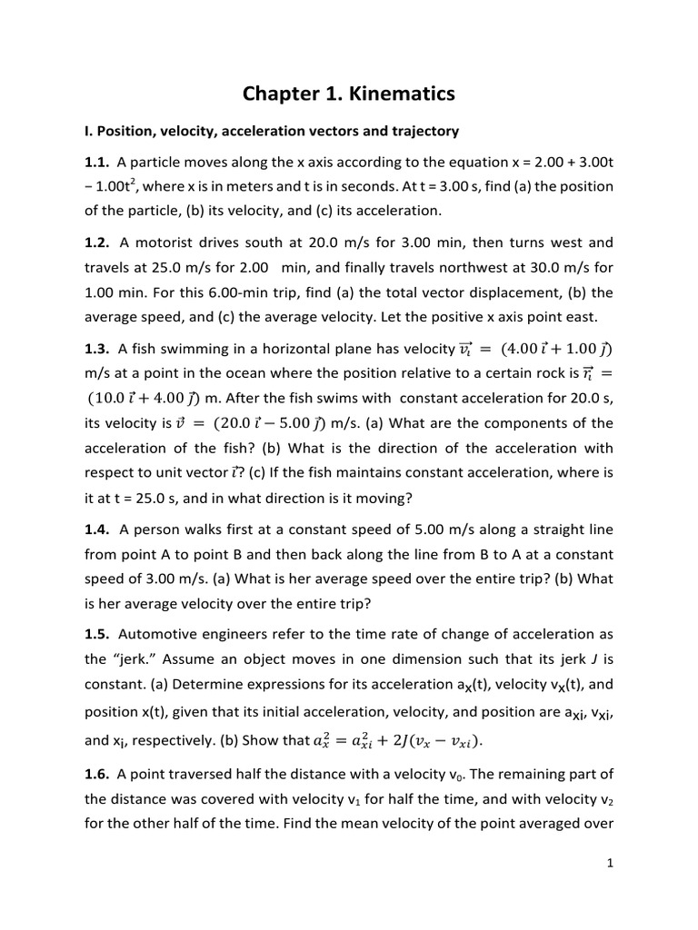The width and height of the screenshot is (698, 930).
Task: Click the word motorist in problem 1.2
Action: point(165,242)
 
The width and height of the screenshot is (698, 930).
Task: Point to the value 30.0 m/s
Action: point(562,268)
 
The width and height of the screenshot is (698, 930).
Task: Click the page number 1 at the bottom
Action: point(611,864)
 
